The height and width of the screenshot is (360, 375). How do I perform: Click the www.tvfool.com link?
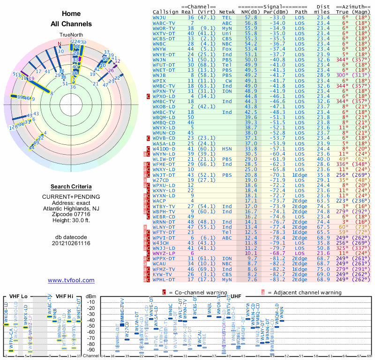coord(71,280)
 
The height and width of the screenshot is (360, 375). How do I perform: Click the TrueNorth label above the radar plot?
coord(71,35)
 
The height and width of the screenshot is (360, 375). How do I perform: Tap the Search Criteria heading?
coord(71,187)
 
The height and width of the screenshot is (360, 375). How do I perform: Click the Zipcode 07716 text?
coord(71,213)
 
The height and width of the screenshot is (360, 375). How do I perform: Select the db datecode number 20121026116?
coord(71,243)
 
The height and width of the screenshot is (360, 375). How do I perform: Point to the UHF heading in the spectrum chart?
coord(237,297)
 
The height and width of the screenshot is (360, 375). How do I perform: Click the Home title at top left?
coord(71,14)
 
